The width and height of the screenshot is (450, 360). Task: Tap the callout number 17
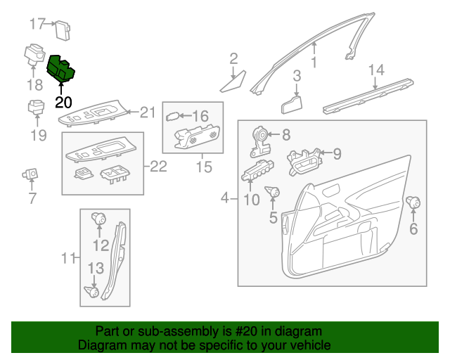point(37,24)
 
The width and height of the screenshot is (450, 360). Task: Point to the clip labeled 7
point(30,173)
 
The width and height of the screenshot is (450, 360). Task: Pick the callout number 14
point(377,70)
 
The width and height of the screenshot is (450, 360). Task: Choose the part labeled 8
point(260,141)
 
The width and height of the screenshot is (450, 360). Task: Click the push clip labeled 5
point(274,192)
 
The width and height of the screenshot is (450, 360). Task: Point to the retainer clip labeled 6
point(413,205)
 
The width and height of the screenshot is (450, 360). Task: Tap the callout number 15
point(203,167)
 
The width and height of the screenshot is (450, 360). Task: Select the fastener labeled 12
point(99,219)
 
